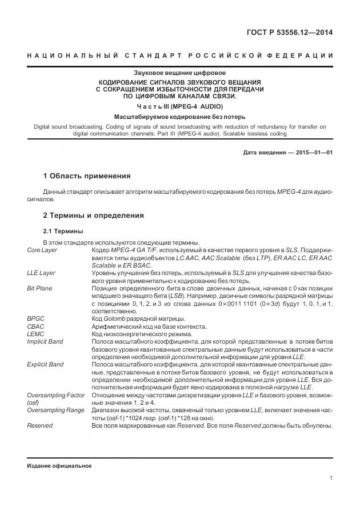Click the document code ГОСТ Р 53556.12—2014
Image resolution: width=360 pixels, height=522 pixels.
tap(289, 32)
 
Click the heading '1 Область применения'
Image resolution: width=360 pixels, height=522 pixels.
tap(87, 176)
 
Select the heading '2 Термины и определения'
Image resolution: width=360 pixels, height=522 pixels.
tap(94, 216)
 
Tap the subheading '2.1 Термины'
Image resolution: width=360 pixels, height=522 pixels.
tap(63, 231)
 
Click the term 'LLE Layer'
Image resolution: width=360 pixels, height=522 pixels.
tap(41, 273)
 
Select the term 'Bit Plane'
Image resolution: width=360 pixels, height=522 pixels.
tap(39, 289)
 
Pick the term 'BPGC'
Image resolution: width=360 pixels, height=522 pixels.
tap(35, 318)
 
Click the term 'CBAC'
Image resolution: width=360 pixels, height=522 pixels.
tap(35, 326)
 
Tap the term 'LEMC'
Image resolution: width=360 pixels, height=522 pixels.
tap(35, 334)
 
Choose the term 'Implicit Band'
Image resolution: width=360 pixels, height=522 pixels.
tap(45, 341)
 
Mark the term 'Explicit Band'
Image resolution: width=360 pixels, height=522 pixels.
tap(45, 364)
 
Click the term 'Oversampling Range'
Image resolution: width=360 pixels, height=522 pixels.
tap(55, 410)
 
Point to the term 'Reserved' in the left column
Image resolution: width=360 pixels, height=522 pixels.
tap(39, 425)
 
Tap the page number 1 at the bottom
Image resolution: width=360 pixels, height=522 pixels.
tap(331, 478)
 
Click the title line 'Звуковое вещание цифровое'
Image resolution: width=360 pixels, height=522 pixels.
tap(179, 73)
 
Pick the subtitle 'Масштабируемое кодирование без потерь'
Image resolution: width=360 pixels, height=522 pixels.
tap(179, 117)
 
